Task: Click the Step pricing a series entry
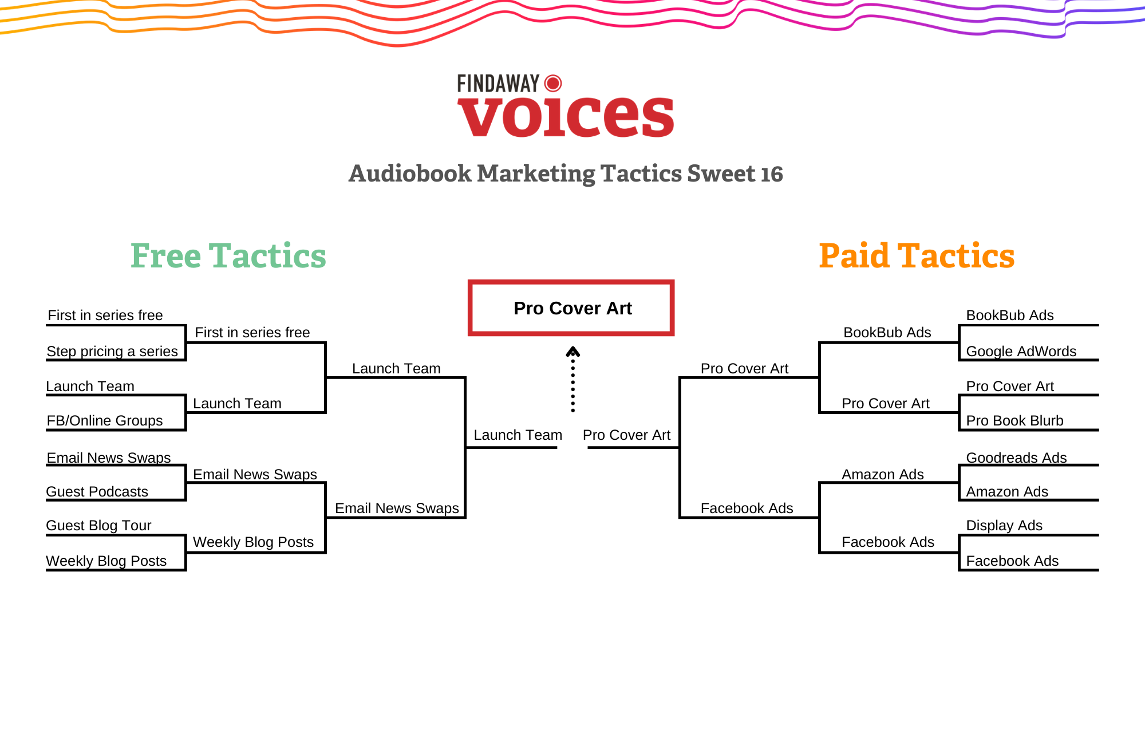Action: [x=112, y=351]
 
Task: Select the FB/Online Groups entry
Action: [x=105, y=420]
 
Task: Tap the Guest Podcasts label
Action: [x=97, y=491]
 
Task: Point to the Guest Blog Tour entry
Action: [x=98, y=525]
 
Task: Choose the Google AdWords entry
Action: [x=1021, y=351]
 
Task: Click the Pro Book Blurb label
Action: [x=1014, y=420]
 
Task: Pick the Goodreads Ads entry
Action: [x=1016, y=458]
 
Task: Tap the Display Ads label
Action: [x=1004, y=525]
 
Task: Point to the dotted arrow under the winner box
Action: [x=572, y=379]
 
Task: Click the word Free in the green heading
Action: [x=166, y=255]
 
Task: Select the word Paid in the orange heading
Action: [x=854, y=255]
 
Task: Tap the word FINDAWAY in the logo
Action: [x=498, y=84]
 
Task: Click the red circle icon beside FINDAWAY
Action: [x=553, y=84]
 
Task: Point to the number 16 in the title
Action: [x=772, y=174]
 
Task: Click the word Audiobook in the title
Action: [x=410, y=174]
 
